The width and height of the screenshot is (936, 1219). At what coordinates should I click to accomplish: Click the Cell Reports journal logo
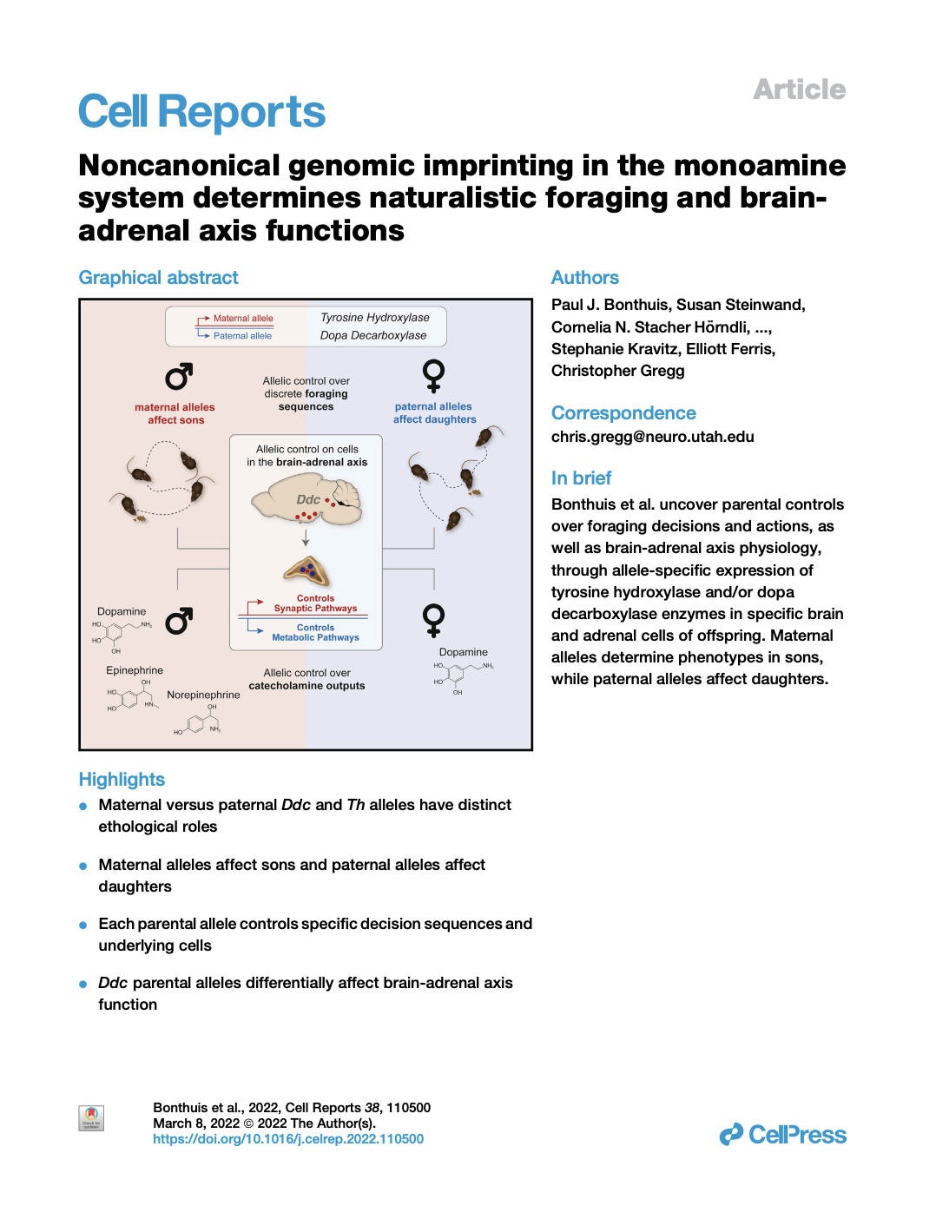tap(201, 113)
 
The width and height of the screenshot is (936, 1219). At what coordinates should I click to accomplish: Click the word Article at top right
tap(799, 89)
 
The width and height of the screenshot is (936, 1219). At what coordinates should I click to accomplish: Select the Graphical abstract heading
tap(158, 278)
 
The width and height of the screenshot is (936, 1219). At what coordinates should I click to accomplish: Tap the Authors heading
tap(584, 278)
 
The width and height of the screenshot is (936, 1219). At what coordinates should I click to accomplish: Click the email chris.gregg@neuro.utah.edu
tap(652, 437)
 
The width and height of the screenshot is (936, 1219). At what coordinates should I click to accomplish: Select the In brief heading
tap(581, 478)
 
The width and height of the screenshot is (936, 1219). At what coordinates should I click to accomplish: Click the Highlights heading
tap(122, 780)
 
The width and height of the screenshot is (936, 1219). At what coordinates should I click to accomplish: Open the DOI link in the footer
tap(288, 1139)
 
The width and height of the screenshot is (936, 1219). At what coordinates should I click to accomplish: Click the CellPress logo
tap(782, 1135)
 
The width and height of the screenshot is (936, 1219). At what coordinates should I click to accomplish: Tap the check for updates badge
tap(91, 1117)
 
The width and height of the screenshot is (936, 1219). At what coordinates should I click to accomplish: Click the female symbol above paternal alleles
tap(433, 376)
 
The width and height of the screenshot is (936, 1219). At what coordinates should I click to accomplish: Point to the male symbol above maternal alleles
tap(179, 377)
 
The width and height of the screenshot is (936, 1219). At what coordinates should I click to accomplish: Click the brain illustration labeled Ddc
tap(307, 502)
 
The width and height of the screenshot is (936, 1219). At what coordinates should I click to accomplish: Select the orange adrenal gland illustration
tap(307, 571)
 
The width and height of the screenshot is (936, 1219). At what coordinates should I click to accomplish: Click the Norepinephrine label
tap(203, 695)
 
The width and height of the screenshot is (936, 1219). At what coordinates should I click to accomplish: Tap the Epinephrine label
tap(135, 670)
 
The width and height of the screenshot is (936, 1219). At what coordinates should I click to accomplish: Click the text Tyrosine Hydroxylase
tap(374, 318)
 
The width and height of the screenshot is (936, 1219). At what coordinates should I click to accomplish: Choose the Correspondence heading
tap(623, 413)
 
